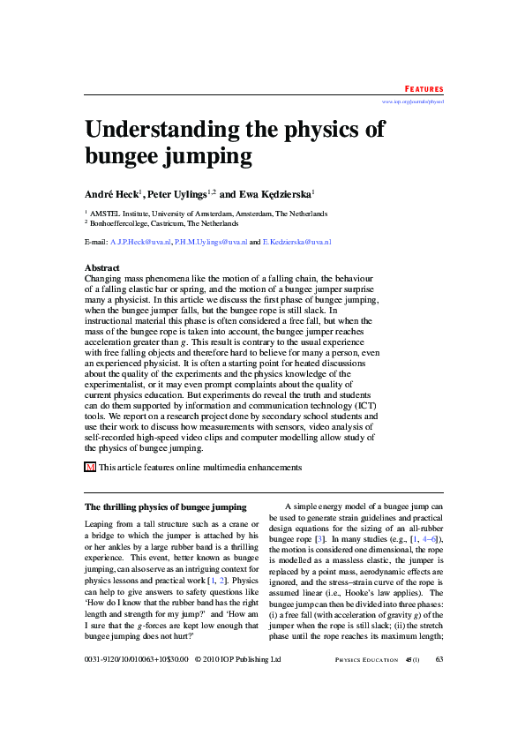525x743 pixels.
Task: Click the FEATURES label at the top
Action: coord(424,89)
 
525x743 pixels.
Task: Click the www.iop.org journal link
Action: coord(412,102)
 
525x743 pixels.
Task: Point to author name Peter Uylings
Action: coord(176,193)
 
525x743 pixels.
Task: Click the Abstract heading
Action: coord(101,267)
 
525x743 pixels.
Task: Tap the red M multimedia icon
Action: coord(89,467)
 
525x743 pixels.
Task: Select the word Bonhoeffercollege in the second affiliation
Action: coord(121,225)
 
